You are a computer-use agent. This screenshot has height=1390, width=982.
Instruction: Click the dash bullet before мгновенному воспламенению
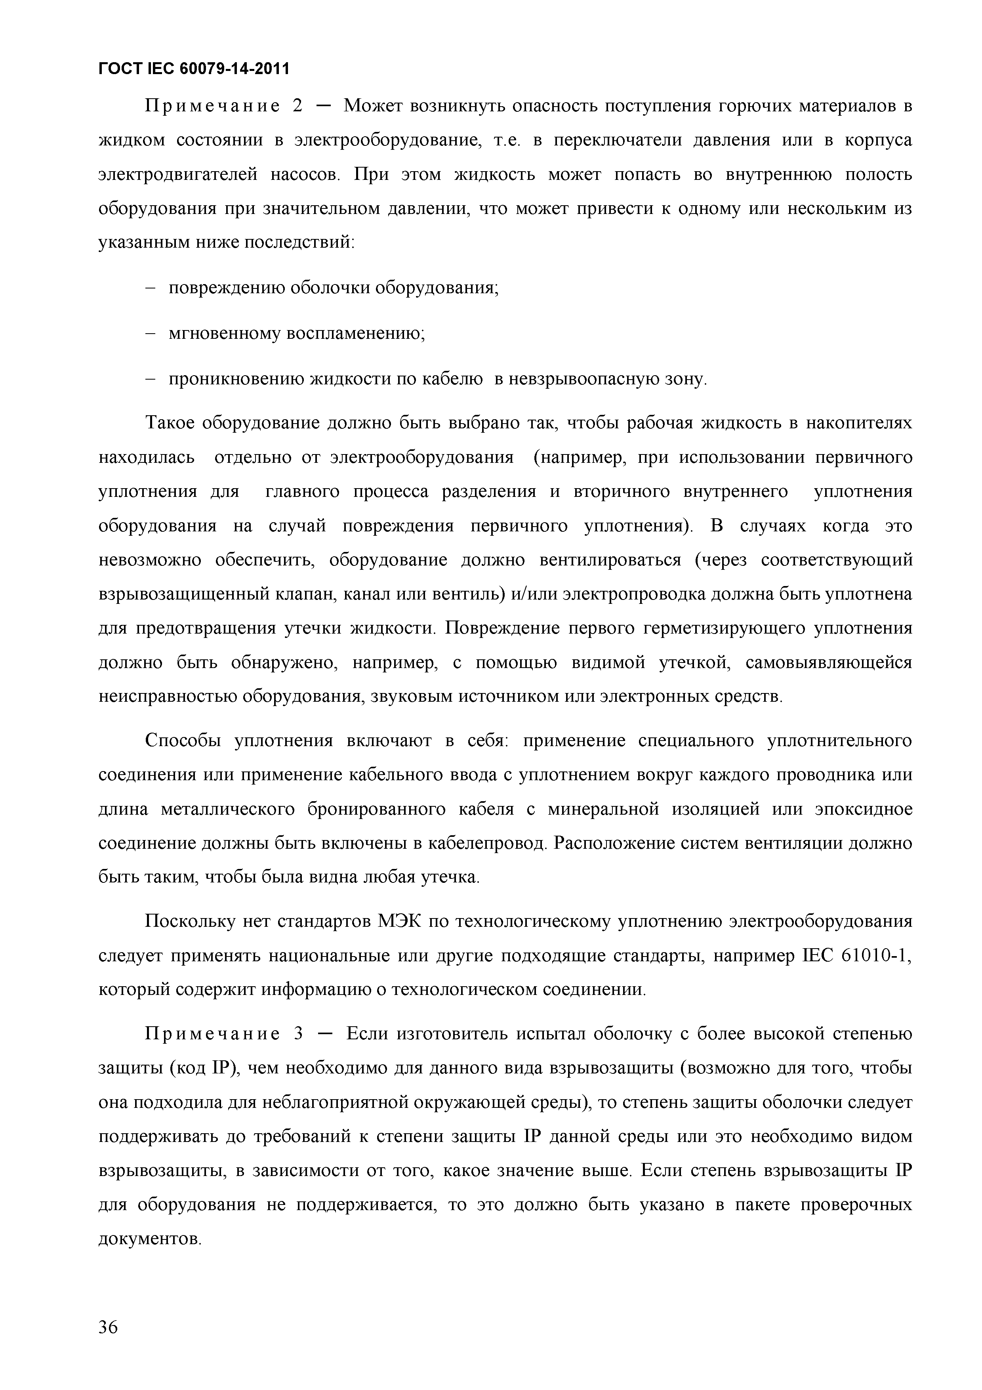coord(151,334)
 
